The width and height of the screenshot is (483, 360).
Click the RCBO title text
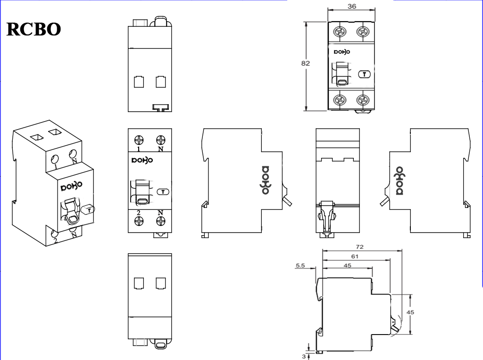click(x=33, y=29)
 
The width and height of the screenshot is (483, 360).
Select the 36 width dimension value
click(x=351, y=6)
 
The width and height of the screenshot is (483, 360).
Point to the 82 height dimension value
click(x=305, y=64)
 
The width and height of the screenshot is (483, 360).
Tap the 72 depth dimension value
click(x=359, y=246)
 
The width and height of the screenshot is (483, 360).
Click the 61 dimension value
click(x=355, y=256)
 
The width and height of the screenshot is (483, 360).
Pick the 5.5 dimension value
click(x=300, y=266)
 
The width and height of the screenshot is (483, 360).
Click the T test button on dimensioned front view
click(x=364, y=74)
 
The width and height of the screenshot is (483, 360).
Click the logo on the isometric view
click(x=71, y=186)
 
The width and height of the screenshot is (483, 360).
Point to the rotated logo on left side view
click(x=266, y=180)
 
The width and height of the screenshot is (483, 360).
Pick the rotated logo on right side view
click(x=399, y=180)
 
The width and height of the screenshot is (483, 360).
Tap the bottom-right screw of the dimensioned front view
click(x=363, y=99)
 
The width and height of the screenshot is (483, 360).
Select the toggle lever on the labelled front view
click(x=142, y=193)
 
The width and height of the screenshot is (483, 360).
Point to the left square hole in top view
click(x=139, y=82)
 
